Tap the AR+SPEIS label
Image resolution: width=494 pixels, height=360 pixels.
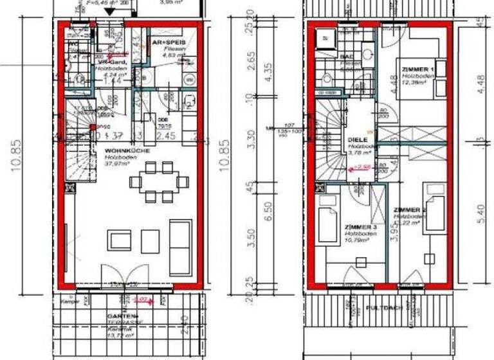point(165,42)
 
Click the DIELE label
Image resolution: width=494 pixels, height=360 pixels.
point(357,139)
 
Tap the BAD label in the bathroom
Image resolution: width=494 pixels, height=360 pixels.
point(345,57)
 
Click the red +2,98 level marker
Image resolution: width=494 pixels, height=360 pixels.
point(353,168)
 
